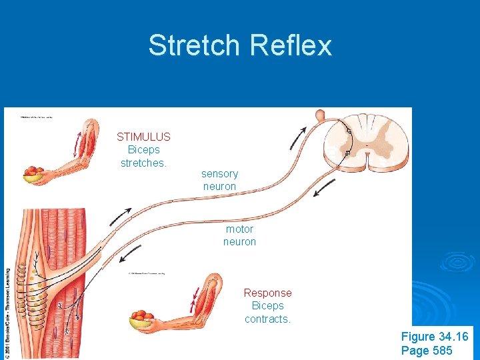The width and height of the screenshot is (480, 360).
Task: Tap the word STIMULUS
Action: (143, 137)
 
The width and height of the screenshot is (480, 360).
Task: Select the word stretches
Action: (143, 163)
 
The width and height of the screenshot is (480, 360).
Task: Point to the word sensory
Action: (219, 173)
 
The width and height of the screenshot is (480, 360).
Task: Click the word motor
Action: (239, 229)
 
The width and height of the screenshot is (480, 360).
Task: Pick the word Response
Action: (267, 293)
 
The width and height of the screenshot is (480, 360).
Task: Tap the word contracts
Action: (267, 319)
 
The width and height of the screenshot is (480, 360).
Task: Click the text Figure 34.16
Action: (435, 337)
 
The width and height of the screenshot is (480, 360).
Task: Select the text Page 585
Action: (427, 351)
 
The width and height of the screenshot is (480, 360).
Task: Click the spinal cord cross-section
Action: (366, 143)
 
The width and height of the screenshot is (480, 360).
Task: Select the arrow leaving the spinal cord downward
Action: (325, 189)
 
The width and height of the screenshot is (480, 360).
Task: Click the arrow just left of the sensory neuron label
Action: (121, 216)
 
